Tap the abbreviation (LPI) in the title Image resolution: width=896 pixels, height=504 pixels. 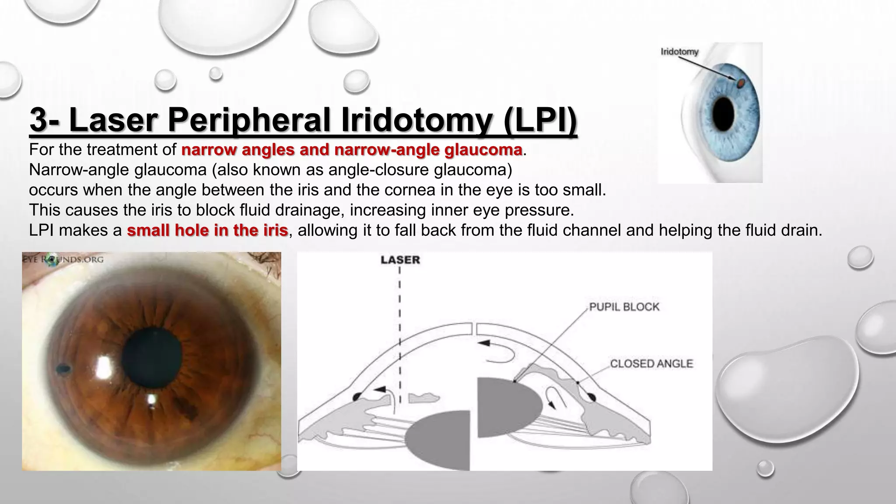tap(540, 119)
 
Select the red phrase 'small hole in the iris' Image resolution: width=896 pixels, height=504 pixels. tap(207, 230)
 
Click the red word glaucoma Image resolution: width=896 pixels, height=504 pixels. tap(483, 150)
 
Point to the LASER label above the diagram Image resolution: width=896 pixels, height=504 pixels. tap(400, 260)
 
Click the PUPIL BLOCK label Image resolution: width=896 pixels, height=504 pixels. tap(624, 307)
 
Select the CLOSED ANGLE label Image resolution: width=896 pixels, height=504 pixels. tap(651, 364)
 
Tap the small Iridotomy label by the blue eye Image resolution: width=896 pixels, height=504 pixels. tap(679, 52)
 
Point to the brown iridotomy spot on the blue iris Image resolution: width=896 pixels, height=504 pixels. tap(741, 83)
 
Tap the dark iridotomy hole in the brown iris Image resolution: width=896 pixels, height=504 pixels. tap(63, 369)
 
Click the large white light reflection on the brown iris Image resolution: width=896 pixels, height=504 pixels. tap(104, 367)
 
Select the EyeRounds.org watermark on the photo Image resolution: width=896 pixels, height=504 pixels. tap(63, 259)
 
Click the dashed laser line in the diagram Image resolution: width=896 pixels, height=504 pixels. tap(400, 315)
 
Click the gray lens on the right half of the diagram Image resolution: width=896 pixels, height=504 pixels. tap(507, 408)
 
